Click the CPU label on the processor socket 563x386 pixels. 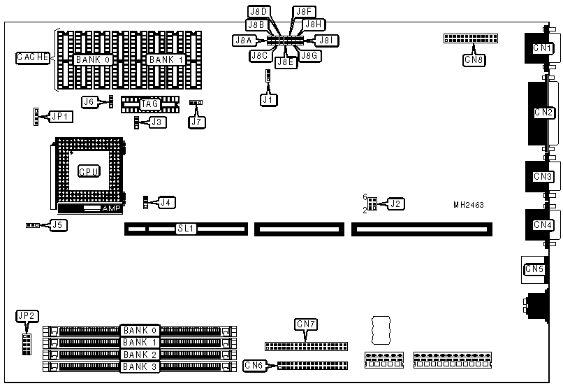[x=88, y=171]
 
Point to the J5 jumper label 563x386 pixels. [x=59, y=225]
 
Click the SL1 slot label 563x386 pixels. [x=186, y=229]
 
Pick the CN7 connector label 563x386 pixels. [x=306, y=324]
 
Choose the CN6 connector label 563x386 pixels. [x=254, y=365]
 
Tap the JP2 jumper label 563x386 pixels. [x=25, y=315]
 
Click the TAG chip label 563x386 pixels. [x=150, y=105]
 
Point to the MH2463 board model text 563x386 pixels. [x=468, y=205]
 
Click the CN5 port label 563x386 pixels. [x=534, y=269]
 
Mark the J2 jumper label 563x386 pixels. [x=396, y=203]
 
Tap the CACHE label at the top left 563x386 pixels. [x=33, y=58]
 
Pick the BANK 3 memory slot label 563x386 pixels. [x=140, y=366]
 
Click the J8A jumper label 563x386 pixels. [x=241, y=41]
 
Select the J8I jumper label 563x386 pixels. [x=328, y=41]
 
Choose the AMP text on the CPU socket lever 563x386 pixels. [x=111, y=208]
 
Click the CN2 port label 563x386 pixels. [x=543, y=113]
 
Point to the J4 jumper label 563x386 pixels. [x=166, y=202]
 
